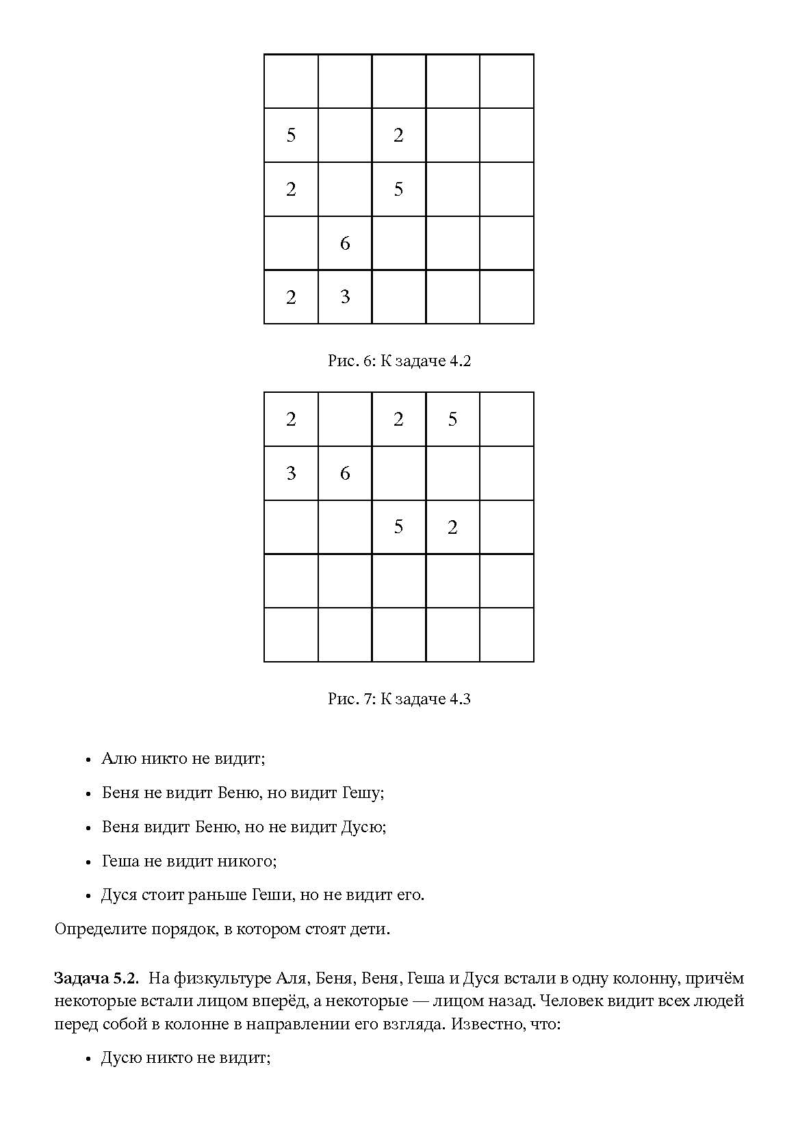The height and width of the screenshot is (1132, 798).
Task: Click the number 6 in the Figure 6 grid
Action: (x=345, y=243)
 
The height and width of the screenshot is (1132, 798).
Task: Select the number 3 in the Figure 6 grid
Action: (x=345, y=296)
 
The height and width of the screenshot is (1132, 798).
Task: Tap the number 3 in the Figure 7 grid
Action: (x=291, y=473)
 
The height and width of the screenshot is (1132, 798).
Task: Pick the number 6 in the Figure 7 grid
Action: (x=345, y=473)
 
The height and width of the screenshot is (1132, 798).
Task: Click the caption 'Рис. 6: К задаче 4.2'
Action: (x=399, y=361)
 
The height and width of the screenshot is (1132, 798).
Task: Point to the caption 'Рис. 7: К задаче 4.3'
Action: (x=399, y=699)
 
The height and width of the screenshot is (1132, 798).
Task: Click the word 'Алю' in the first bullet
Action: (x=116, y=758)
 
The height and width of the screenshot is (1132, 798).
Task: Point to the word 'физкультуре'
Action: (x=211, y=979)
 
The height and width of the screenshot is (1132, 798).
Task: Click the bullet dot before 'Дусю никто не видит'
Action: (x=88, y=1059)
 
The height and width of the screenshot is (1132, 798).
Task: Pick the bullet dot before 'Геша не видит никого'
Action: (x=88, y=862)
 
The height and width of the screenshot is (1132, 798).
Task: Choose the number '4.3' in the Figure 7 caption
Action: (x=459, y=699)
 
